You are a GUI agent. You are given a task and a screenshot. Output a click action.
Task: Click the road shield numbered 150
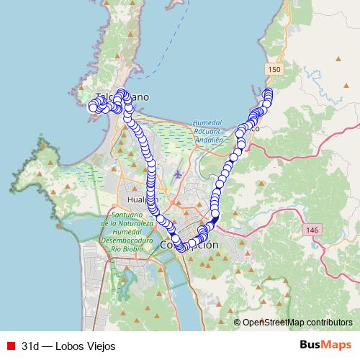(272, 68)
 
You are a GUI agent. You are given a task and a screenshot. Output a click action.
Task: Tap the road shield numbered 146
(312, 229)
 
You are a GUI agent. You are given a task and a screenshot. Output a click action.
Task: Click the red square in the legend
(10, 346)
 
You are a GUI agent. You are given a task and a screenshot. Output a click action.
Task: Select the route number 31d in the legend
(30, 346)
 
